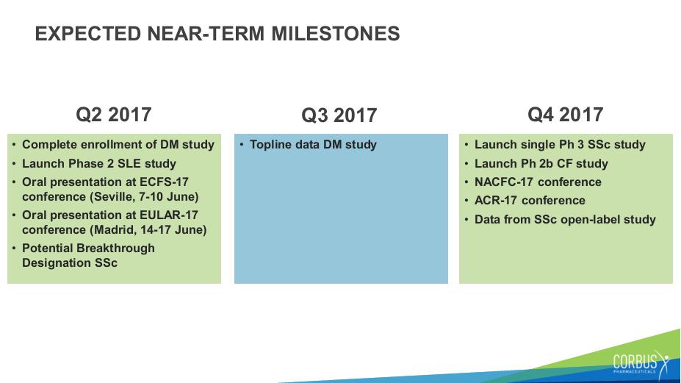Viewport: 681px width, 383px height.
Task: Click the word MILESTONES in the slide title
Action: (x=335, y=34)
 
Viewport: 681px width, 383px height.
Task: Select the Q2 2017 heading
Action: (x=114, y=115)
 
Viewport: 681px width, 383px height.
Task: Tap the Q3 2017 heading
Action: (x=339, y=115)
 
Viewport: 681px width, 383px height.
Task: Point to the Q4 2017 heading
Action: (x=566, y=115)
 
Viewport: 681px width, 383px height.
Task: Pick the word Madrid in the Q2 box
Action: (x=114, y=230)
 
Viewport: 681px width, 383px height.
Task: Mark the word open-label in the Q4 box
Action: (x=590, y=220)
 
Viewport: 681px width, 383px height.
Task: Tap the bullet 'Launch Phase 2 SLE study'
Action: (x=99, y=164)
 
